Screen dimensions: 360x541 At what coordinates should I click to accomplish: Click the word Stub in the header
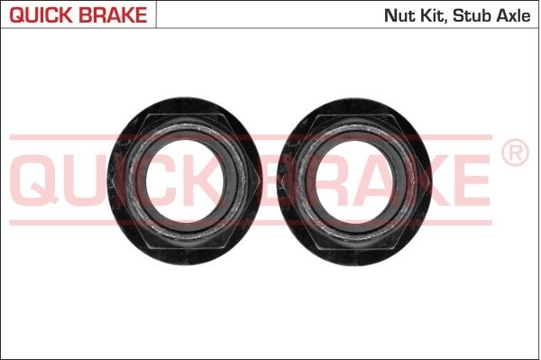coord(472,15)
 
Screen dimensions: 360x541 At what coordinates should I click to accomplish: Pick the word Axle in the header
coord(515,15)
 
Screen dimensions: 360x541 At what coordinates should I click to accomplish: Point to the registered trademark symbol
coord(513,154)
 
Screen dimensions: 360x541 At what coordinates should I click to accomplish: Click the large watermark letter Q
coord(41,180)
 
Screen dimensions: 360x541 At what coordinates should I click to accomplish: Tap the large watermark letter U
coord(95,180)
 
